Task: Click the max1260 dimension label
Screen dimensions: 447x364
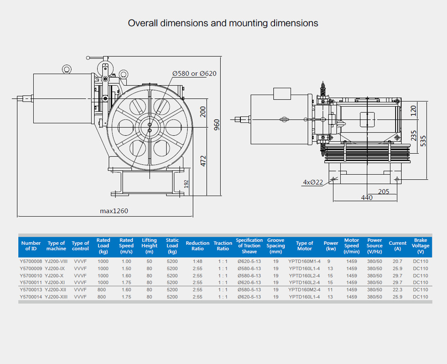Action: (x=114, y=211)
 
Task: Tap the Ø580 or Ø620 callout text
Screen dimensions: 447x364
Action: (x=194, y=74)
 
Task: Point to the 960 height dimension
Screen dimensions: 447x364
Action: (x=217, y=125)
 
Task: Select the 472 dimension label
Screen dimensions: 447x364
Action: (x=203, y=161)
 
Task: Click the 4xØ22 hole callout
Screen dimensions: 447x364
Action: (x=313, y=182)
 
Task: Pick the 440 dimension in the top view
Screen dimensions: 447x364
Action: (x=367, y=197)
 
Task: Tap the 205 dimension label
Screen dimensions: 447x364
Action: (x=384, y=192)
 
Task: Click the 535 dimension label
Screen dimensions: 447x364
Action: (x=423, y=141)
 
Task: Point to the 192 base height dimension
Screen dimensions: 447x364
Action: (x=187, y=184)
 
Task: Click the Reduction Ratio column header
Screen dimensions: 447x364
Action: (x=198, y=246)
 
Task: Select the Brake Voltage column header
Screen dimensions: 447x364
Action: (x=421, y=246)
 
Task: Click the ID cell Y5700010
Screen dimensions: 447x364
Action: (x=31, y=276)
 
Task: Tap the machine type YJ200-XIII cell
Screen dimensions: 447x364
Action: (x=56, y=297)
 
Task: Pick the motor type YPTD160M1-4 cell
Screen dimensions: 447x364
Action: (x=305, y=261)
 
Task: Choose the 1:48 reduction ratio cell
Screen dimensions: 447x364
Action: (x=197, y=261)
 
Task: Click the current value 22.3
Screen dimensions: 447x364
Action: (x=397, y=290)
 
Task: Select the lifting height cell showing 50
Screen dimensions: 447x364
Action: (x=150, y=261)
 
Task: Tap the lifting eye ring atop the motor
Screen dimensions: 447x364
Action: (x=67, y=69)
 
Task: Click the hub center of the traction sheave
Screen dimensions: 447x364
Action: (x=150, y=127)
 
